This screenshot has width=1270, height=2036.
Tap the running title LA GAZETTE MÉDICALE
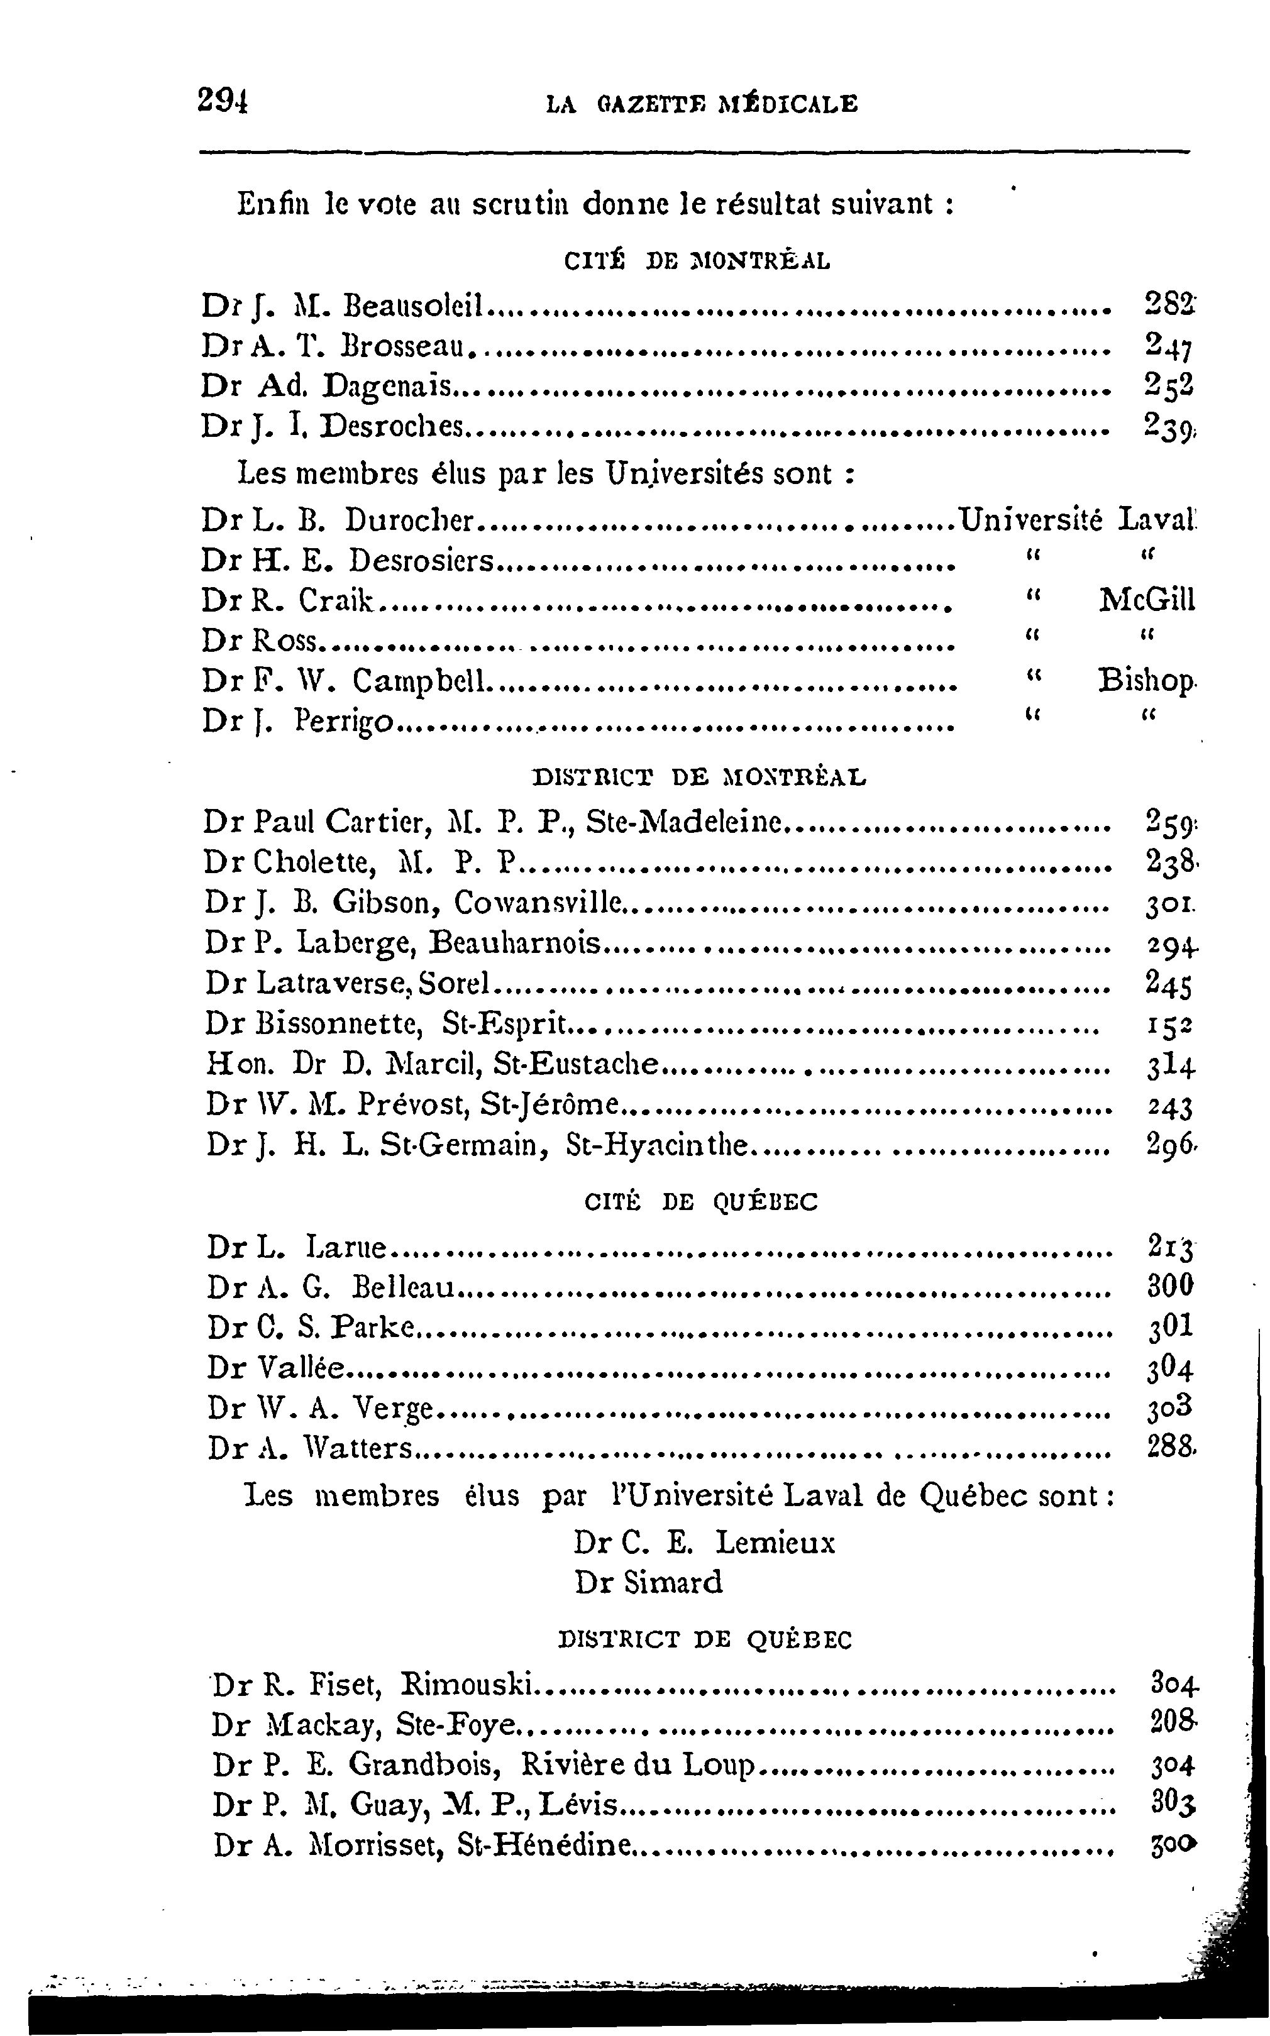pos(702,104)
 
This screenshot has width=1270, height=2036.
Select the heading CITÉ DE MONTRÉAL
pos(697,261)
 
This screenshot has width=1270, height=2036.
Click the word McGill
pos(1147,600)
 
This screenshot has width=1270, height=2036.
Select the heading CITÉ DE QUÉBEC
pos(700,1202)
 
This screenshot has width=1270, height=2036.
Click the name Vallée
pos(301,1368)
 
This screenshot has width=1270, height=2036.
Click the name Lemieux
pos(775,1543)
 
